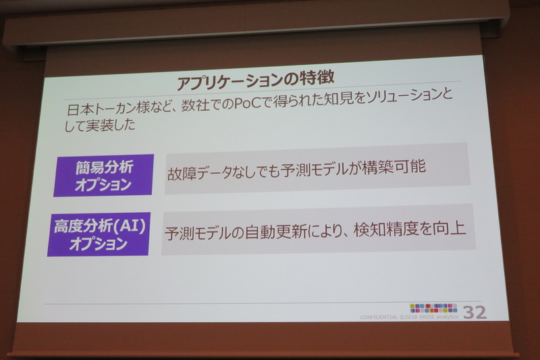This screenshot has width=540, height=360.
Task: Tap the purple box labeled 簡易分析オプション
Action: pyautogui.click(x=103, y=175)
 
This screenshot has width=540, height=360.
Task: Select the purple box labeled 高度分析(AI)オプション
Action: pyautogui.click(x=99, y=234)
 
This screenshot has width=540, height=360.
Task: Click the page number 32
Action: pyautogui.click(x=475, y=312)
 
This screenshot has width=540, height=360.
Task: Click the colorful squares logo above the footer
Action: pyautogui.click(x=433, y=307)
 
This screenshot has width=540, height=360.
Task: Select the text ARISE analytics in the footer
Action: pyautogui.click(x=438, y=316)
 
